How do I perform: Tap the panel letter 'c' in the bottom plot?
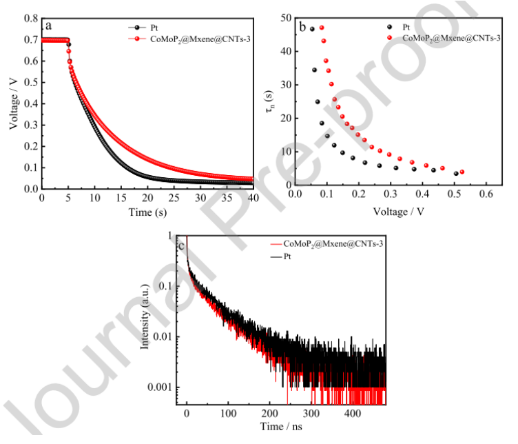tap(180, 246)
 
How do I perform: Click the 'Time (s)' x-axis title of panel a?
tap(148, 212)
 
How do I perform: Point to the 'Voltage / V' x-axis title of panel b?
tap(390, 212)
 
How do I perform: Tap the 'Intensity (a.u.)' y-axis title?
tap(145, 321)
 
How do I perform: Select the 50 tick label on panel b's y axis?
tap(284, 19)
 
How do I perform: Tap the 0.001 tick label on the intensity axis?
tap(162, 387)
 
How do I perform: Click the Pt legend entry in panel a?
tap(155, 28)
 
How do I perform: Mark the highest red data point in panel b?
tap(322, 28)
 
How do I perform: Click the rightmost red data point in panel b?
tap(462, 172)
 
